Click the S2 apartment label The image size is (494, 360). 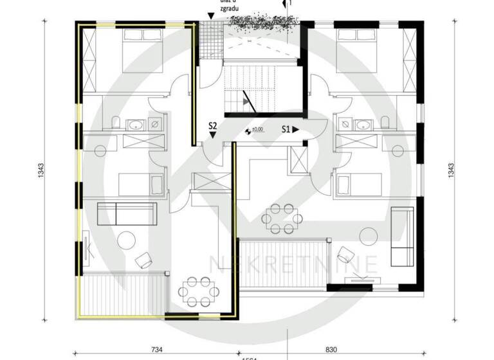coord(213,125)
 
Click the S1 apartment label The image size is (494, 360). coord(289,129)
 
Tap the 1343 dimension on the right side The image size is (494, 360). coord(451,170)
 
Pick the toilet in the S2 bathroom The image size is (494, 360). coord(114,122)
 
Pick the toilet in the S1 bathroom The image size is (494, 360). coord(385,122)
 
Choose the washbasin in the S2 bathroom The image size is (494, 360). coord(136,123)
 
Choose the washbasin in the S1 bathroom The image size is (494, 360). coord(363,123)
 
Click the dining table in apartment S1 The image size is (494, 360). coord(283,218)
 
